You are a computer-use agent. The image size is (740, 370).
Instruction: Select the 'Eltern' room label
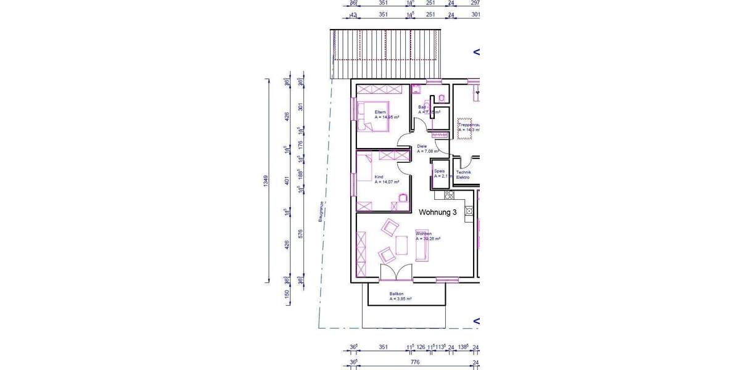tap(380, 112)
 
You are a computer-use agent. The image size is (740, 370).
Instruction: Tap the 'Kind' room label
tap(378, 178)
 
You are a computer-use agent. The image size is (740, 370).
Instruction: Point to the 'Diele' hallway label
tap(422, 146)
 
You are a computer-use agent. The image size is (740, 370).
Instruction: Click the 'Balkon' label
tap(396, 294)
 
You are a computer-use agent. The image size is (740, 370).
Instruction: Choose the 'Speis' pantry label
tap(439, 171)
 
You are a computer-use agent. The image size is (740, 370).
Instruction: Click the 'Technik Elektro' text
tap(463, 175)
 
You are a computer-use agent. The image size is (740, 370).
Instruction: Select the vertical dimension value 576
tap(301, 234)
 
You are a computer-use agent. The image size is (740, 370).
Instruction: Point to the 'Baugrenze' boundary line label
tap(321, 211)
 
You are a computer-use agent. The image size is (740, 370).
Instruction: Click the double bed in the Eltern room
tap(374, 115)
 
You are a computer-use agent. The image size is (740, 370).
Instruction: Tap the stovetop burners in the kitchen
tap(448, 195)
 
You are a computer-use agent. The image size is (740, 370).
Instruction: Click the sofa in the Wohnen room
tap(422, 247)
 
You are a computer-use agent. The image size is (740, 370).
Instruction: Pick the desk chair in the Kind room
tap(403, 197)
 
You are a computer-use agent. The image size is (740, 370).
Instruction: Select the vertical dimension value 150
tap(287, 297)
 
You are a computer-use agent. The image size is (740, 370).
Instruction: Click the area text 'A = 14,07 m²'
tap(387, 183)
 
